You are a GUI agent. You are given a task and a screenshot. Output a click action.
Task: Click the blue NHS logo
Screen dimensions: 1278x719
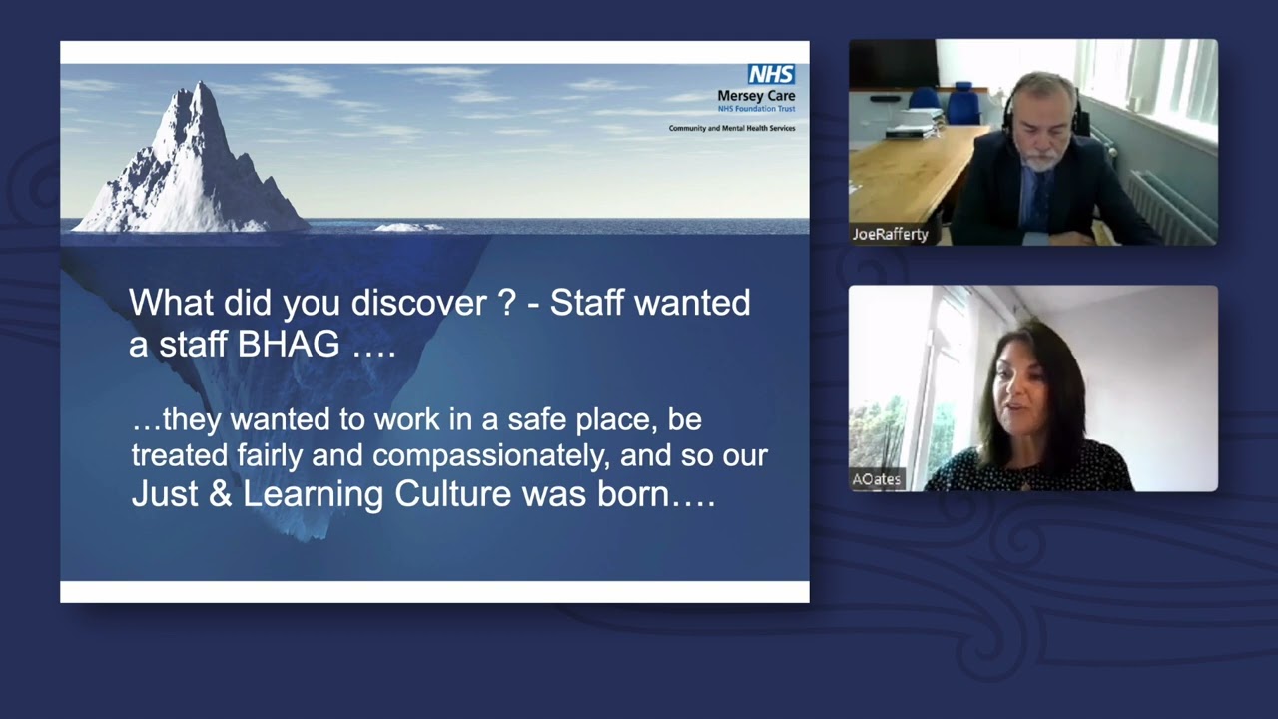(x=772, y=74)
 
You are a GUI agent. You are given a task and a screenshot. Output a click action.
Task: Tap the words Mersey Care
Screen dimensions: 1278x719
(x=756, y=95)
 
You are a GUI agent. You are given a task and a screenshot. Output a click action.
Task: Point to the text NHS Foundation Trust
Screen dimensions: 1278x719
(x=756, y=109)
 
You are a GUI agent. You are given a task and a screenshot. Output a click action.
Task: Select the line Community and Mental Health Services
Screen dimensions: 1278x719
(x=732, y=128)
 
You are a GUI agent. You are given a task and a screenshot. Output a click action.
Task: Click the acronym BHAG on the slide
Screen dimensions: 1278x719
(x=289, y=345)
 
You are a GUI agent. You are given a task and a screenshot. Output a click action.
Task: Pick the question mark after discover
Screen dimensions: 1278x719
(x=507, y=302)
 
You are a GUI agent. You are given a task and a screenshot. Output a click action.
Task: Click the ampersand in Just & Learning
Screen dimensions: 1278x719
(x=221, y=494)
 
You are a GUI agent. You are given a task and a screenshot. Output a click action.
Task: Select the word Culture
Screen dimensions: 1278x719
(x=452, y=494)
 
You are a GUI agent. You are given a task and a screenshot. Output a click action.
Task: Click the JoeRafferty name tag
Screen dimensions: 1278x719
(x=890, y=234)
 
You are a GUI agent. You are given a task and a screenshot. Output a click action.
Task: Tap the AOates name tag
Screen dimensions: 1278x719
(x=877, y=479)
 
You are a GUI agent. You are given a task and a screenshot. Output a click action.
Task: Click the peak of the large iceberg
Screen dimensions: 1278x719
(x=200, y=83)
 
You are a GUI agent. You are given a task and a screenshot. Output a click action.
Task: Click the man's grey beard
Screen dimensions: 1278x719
(x=1043, y=160)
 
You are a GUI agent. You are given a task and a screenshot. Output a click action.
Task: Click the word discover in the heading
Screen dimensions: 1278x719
(x=418, y=302)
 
